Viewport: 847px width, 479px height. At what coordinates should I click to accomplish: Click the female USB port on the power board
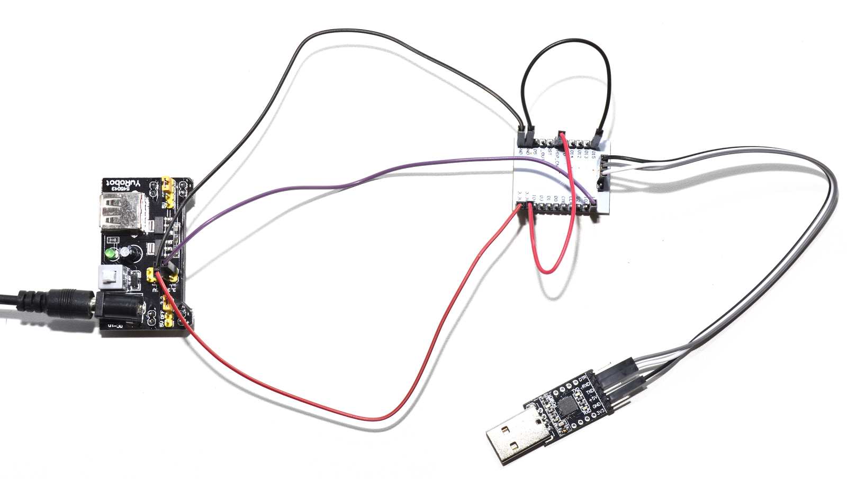click(121, 211)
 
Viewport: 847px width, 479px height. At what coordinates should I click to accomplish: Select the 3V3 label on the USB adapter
click(600, 412)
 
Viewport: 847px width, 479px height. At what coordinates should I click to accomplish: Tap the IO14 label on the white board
click(571, 154)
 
